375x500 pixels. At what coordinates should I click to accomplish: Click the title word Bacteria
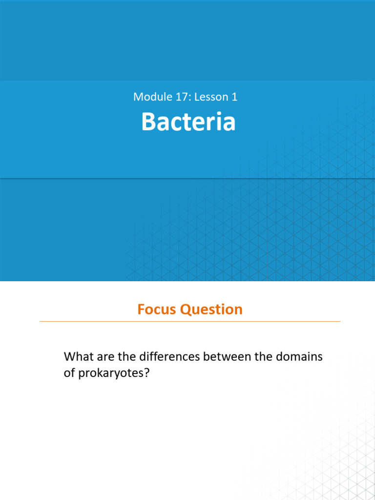click(188, 122)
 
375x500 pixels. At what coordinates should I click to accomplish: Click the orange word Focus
click(157, 309)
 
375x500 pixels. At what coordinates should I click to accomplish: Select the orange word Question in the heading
click(211, 310)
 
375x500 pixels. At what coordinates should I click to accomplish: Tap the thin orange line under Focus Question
click(190, 321)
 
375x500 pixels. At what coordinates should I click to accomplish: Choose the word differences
click(169, 356)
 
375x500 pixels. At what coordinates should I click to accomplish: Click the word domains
click(299, 356)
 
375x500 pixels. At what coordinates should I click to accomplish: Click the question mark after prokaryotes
click(146, 373)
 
